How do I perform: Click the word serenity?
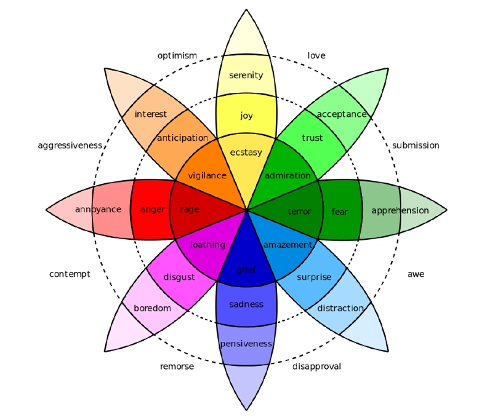(246, 76)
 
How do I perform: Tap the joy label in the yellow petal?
(246, 116)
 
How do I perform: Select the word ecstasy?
(246, 153)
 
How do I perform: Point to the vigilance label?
(207, 176)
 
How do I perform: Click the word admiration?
(288, 176)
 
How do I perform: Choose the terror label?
(300, 212)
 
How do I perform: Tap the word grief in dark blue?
(246, 270)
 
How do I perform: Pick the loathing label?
(207, 245)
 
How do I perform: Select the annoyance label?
(98, 210)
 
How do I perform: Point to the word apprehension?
(400, 211)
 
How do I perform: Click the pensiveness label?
(246, 344)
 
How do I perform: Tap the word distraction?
(340, 308)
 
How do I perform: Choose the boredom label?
(153, 308)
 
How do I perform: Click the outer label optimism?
(177, 56)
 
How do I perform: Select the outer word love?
(316, 55)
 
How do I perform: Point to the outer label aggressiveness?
(70, 146)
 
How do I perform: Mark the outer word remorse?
(177, 367)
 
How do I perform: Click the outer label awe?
(416, 274)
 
